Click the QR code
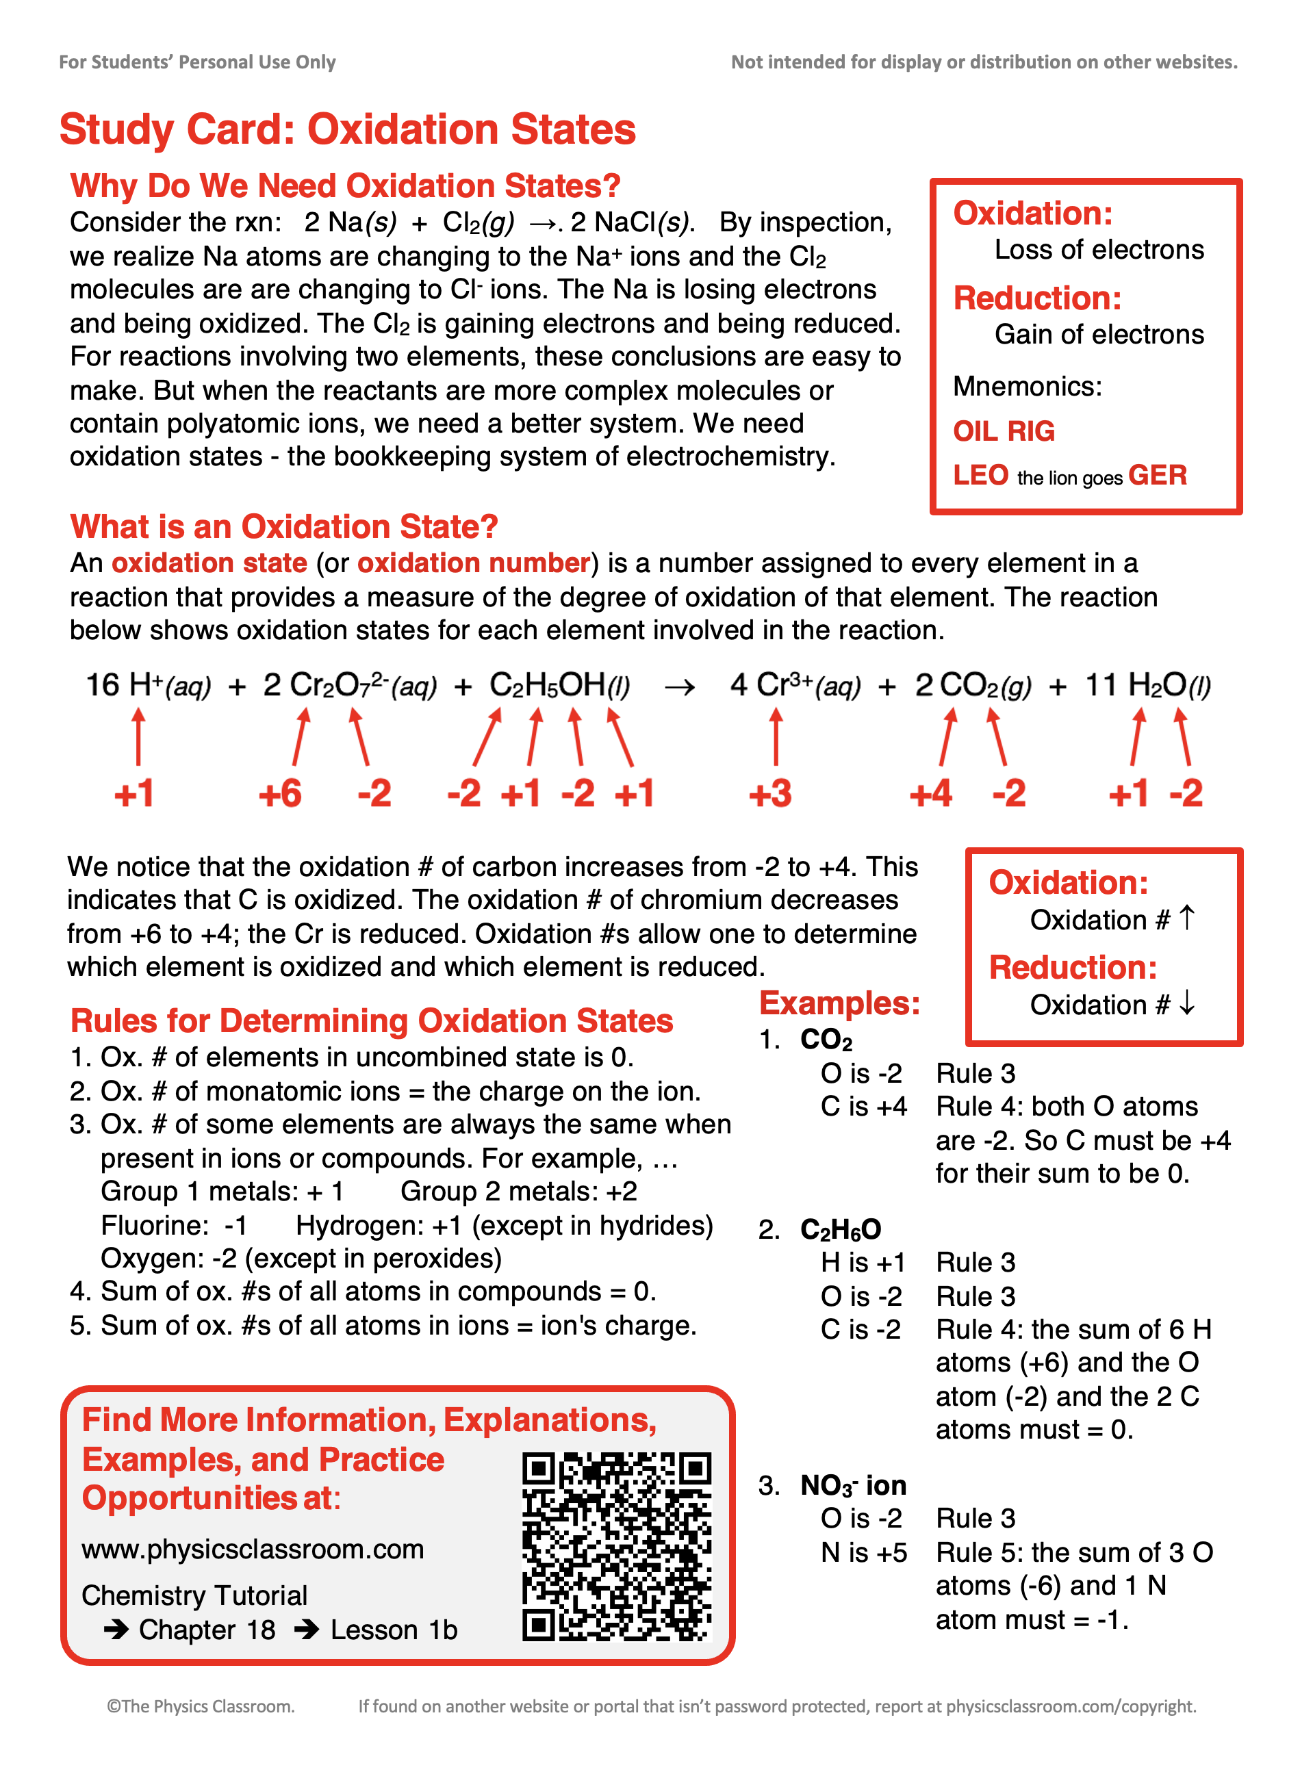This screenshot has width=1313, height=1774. [616, 1546]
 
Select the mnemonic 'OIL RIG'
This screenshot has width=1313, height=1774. [1004, 431]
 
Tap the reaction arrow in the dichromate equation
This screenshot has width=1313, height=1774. [680, 687]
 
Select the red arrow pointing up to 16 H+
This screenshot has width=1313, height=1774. [138, 737]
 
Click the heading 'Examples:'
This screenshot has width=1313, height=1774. [839, 1003]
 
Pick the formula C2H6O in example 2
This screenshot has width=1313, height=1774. [841, 1230]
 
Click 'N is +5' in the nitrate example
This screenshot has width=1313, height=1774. [863, 1552]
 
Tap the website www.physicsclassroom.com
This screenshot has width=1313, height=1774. [253, 1550]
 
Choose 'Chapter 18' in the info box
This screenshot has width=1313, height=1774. [207, 1630]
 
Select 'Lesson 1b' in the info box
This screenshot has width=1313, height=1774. [394, 1630]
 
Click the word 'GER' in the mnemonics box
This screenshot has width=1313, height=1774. [1157, 475]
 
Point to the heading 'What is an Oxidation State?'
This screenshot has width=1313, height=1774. [283, 527]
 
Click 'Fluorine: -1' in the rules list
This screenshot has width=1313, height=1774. [174, 1225]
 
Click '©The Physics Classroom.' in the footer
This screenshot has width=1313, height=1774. [201, 1706]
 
